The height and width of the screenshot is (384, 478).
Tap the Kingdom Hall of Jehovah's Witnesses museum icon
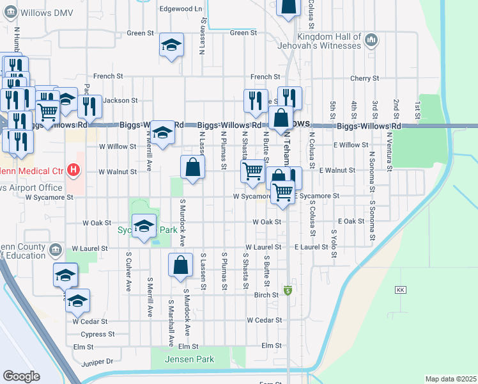click(x=371, y=42)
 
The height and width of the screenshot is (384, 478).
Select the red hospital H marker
click(x=74, y=171)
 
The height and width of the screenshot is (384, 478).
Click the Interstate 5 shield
click(x=288, y=291)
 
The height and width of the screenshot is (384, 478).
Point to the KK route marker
click(x=401, y=289)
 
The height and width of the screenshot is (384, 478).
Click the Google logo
click(x=22, y=376)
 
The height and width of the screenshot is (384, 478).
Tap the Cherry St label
click(x=365, y=79)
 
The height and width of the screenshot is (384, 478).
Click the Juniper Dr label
click(x=97, y=362)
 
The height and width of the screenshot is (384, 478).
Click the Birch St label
click(x=266, y=295)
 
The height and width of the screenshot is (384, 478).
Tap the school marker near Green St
click(x=171, y=45)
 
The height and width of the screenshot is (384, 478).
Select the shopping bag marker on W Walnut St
click(x=192, y=168)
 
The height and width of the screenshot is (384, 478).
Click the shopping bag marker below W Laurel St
click(x=181, y=265)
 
